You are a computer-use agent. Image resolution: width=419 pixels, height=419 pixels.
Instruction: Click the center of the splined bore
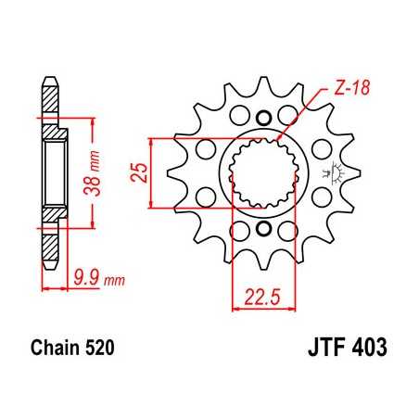[262, 173]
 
